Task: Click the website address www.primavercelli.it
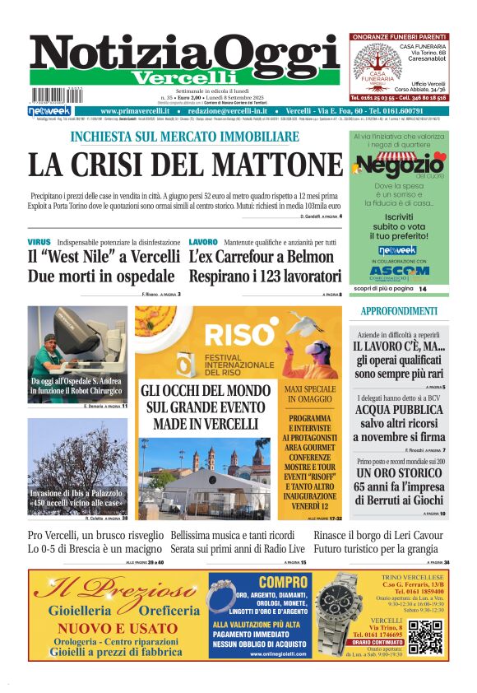coord(135,110)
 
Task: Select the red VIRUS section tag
coord(39,242)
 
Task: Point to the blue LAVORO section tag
coord(202,242)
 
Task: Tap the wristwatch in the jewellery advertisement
coord(339,614)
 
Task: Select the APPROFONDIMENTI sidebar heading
coord(399,311)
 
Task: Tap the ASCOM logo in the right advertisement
coord(399,270)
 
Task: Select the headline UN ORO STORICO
coord(399,475)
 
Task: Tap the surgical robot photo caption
coord(77,387)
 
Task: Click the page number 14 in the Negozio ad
coord(423,289)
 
